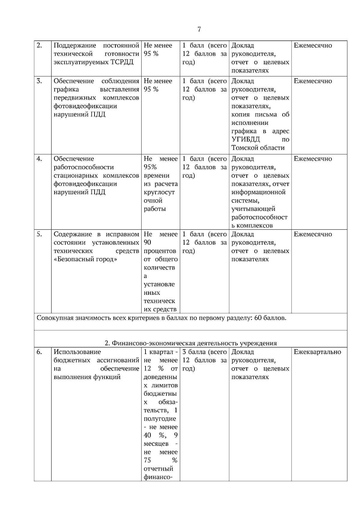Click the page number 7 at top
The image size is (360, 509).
point(199,29)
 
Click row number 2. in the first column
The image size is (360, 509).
point(39,46)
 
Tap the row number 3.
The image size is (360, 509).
point(39,81)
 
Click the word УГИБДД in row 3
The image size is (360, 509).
point(246,140)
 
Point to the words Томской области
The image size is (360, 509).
point(258,148)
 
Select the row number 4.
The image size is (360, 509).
point(39,159)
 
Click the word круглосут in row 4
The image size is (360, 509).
point(159,192)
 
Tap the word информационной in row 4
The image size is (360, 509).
point(258,192)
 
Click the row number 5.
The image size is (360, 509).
point(39,234)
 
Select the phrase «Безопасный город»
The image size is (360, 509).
point(85,259)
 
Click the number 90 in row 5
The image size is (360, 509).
point(147,243)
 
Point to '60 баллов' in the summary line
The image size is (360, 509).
point(270,318)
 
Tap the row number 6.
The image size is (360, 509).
point(39,352)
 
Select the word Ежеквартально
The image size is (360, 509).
point(317,352)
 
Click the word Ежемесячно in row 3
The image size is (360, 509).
point(313,81)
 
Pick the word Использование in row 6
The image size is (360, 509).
point(77,352)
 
